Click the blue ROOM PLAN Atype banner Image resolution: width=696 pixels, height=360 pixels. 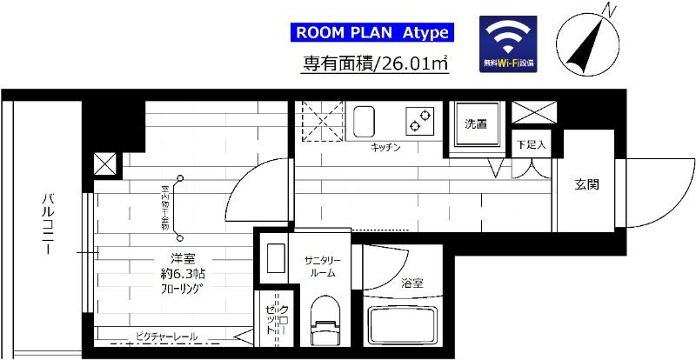371,34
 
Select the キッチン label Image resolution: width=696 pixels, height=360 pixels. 385,148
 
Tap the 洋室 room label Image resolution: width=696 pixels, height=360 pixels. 182,258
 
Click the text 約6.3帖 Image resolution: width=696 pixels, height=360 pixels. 182,274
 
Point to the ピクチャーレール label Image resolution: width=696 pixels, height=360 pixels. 166,337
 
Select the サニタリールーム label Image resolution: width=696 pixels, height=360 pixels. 321,266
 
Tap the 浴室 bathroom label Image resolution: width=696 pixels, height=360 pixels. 413,283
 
